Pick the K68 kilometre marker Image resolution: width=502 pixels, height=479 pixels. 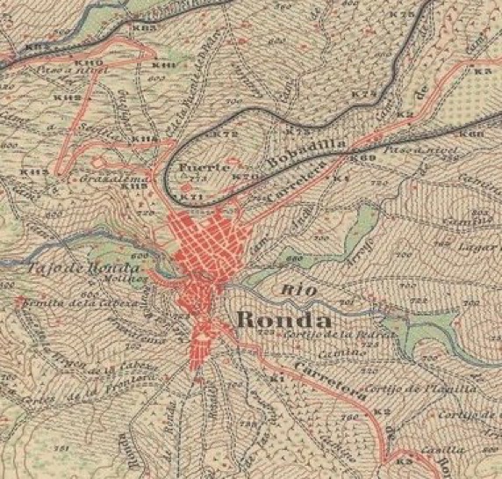pos(472,134)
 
